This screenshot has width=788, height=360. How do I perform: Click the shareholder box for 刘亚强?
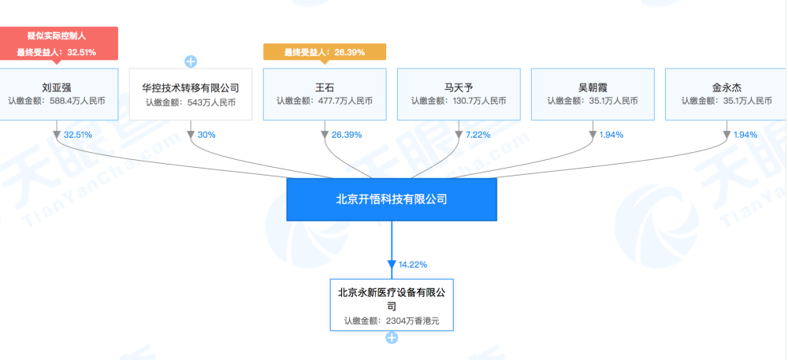(x=59, y=95)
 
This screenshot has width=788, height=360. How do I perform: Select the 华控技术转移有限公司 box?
(x=191, y=95)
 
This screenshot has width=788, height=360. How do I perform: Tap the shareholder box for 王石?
(x=325, y=95)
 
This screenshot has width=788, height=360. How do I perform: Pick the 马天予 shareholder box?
(x=459, y=95)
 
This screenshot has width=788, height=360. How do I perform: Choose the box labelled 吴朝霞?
(x=593, y=95)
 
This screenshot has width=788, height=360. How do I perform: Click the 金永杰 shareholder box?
(x=727, y=95)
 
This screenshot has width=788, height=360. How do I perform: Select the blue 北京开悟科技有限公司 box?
(x=392, y=199)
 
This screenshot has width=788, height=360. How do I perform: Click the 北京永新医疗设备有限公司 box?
(x=392, y=305)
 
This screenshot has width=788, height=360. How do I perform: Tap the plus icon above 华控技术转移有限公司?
(x=191, y=61)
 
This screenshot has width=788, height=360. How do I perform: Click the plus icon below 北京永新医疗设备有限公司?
(x=392, y=338)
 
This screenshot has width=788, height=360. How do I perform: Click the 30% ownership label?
(x=206, y=135)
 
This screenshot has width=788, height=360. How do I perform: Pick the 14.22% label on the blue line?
(x=413, y=265)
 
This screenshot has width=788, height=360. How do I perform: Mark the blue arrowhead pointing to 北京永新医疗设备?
(x=392, y=265)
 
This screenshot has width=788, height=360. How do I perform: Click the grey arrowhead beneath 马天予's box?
(x=459, y=135)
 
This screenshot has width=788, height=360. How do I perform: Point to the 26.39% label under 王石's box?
(x=347, y=135)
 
